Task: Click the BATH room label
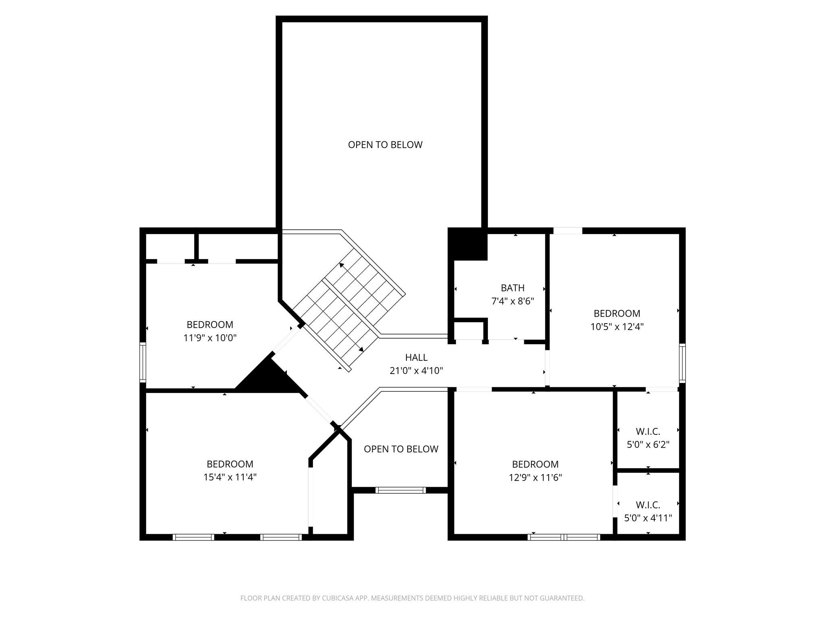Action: [512, 288]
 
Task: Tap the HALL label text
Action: [416, 357]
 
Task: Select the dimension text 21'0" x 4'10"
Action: [416, 370]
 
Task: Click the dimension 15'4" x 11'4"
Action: [230, 477]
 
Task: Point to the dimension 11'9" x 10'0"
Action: [210, 338]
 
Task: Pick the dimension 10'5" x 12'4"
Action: [617, 326]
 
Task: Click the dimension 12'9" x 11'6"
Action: [535, 478]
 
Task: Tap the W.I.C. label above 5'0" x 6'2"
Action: [648, 432]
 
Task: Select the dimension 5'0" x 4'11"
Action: [648, 518]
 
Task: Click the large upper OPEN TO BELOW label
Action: [385, 145]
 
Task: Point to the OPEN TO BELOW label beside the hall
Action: [401, 449]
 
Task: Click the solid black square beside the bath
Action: [468, 244]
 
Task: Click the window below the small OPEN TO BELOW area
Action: [400, 490]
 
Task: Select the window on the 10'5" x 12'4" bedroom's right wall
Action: [682, 363]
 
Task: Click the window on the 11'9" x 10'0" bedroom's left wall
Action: [143, 362]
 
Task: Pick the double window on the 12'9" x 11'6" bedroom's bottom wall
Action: [564, 537]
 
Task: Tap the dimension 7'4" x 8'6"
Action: [512, 301]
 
